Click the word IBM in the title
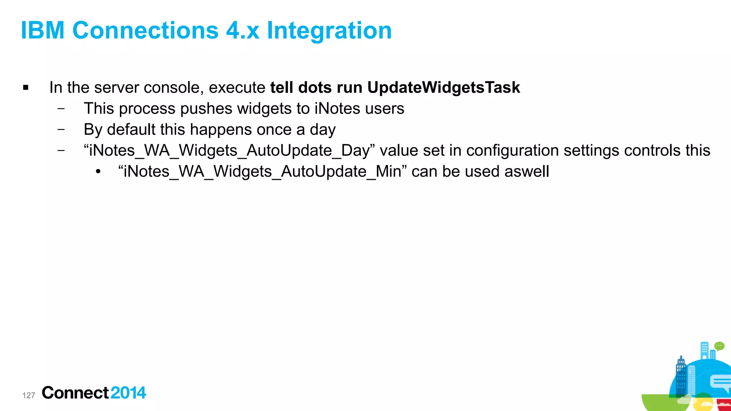[43, 30]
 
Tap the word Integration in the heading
[329, 30]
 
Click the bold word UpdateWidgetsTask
[443, 87]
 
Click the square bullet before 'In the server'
[26, 88]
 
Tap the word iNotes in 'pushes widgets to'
[337, 108]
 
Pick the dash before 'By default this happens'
[61, 129]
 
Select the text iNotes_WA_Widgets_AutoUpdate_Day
[229, 151]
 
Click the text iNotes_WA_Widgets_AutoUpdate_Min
[262, 172]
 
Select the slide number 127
[29, 395]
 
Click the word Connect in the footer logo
[75, 393]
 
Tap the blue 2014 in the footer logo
[128, 393]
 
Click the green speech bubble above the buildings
[719, 346]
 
